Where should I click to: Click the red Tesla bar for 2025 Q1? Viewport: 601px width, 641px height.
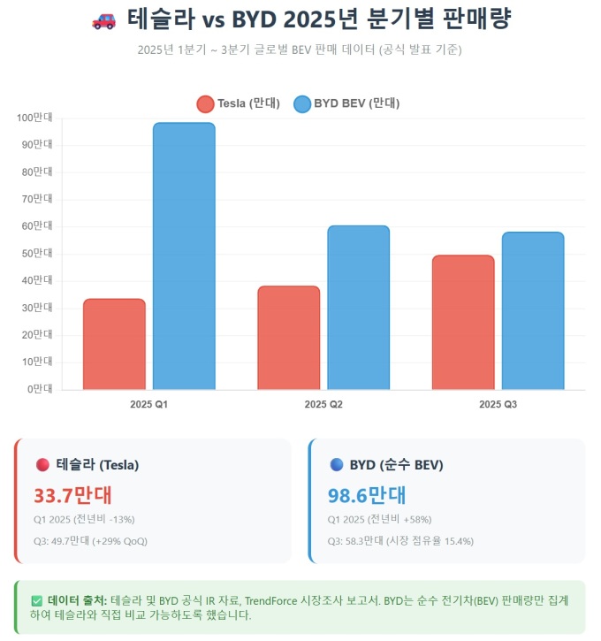[x=114, y=344]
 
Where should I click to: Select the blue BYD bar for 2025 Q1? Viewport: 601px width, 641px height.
[x=184, y=256]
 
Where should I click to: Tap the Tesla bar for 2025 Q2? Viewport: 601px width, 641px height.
[x=289, y=338]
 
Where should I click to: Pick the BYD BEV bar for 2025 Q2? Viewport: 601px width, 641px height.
[x=358, y=308]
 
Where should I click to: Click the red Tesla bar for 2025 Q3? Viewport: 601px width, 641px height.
[x=463, y=323]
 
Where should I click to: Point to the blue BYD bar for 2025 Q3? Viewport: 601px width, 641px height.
[x=533, y=310]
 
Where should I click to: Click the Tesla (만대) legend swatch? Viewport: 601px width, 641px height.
[x=205, y=103]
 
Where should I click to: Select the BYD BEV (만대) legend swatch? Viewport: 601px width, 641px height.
[x=301, y=103]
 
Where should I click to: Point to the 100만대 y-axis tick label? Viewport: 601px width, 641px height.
[x=35, y=118]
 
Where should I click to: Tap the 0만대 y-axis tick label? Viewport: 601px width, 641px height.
[x=40, y=389]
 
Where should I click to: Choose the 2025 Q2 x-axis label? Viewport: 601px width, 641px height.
[x=323, y=404]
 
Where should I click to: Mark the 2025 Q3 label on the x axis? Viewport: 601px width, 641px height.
[x=498, y=404]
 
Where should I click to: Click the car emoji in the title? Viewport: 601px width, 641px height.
[x=103, y=19]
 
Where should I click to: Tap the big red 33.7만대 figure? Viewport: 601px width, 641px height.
[x=72, y=495]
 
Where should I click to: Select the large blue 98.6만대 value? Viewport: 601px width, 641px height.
[x=367, y=495]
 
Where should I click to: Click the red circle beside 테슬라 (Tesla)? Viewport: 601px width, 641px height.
[x=42, y=464]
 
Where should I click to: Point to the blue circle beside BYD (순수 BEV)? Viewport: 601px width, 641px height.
[x=336, y=464]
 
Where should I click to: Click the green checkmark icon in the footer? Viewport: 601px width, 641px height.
[x=36, y=599]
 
